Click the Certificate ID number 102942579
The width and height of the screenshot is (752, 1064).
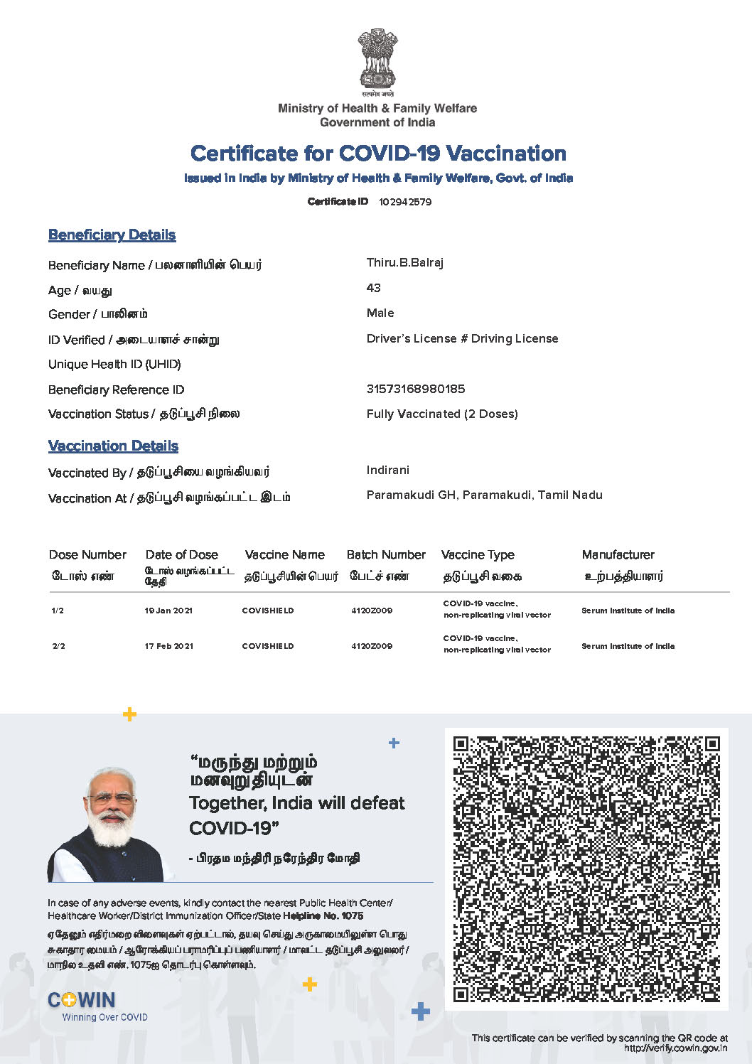[x=404, y=202]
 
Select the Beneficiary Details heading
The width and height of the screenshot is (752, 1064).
[x=112, y=235]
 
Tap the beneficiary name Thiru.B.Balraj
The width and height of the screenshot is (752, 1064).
[x=404, y=263]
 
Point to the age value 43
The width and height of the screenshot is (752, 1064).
[x=373, y=288]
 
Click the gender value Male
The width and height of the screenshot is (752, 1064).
[x=380, y=313]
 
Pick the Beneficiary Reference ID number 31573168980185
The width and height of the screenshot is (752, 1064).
[x=415, y=389]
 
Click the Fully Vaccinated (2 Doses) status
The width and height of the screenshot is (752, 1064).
[x=441, y=414]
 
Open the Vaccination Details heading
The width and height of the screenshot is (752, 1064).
[x=113, y=446]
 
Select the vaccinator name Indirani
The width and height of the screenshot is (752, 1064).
[x=387, y=470]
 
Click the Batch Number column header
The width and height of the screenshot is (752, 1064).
[x=386, y=554]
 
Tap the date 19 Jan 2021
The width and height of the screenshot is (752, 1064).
[x=168, y=611]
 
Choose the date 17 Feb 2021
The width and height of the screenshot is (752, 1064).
[x=168, y=646]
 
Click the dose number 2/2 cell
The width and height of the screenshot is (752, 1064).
[x=58, y=646]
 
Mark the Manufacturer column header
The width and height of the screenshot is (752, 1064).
[x=618, y=554]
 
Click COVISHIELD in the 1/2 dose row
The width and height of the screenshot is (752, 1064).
[x=267, y=611]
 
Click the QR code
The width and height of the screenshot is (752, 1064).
[x=586, y=869]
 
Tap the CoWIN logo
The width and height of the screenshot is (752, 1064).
[x=82, y=1000]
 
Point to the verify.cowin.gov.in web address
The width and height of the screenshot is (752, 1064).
[x=675, y=1048]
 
